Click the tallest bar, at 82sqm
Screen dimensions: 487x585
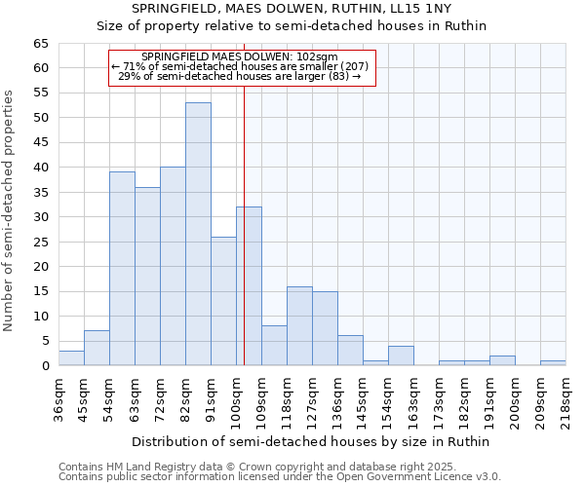(x=198, y=234)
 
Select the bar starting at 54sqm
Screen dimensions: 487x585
(x=122, y=268)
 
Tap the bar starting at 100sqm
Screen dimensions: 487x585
(x=249, y=285)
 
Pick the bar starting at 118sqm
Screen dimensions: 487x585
(x=299, y=325)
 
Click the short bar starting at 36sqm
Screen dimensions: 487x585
(x=71, y=358)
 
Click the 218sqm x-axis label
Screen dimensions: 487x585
(x=565, y=399)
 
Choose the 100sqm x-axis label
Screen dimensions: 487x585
(x=236, y=399)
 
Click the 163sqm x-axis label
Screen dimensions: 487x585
(x=413, y=399)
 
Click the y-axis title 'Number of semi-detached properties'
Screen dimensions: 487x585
(x=9, y=210)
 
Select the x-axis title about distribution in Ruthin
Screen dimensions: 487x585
(x=311, y=441)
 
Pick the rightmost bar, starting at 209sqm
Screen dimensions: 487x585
(x=553, y=363)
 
